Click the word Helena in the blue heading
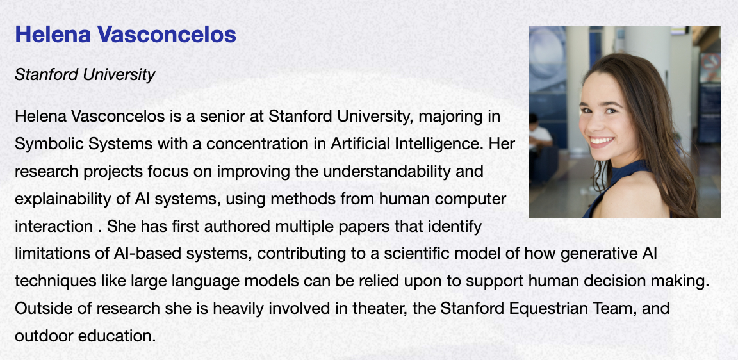pyautogui.click(x=53, y=35)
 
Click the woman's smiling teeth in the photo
pyautogui.click(x=602, y=140)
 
